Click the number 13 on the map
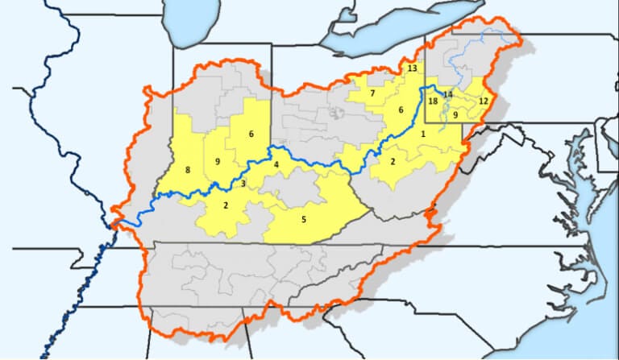[412, 68]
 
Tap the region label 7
[372, 93]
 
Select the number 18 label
[433, 101]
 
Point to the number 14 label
[448, 95]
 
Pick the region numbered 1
[422, 134]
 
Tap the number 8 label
[188, 170]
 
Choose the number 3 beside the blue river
[243, 184]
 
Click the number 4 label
[276, 165]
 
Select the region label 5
[304, 218]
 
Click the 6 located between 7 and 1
[399, 110]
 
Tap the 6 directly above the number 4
[251, 134]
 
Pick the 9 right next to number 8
[217, 162]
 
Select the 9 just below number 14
[455, 115]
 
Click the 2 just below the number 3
[226, 205]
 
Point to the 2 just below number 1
[393, 162]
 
